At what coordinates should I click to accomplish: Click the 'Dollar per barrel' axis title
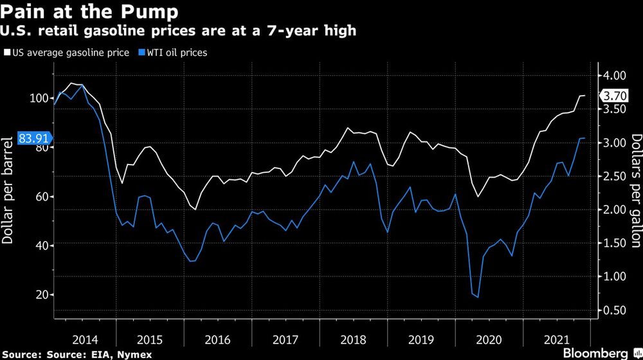click(8, 190)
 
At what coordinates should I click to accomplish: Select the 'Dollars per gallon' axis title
click(635, 191)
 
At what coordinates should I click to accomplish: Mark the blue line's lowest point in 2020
click(477, 297)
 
